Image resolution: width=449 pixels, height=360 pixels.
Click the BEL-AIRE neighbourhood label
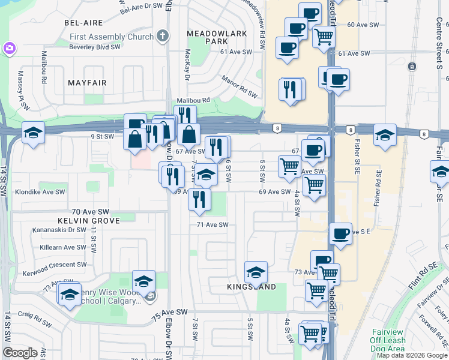[84, 22]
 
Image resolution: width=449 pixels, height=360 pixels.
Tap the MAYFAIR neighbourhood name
[87, 82]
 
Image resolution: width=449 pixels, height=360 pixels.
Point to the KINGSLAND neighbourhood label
[252, 287]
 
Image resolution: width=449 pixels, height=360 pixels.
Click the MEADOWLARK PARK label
[217, 37]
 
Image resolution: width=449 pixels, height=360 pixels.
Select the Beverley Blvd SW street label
[97, 46]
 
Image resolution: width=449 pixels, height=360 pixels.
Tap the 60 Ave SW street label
[364, 25]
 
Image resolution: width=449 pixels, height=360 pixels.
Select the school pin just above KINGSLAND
[256, 272]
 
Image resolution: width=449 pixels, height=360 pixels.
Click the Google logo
[20, 353]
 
